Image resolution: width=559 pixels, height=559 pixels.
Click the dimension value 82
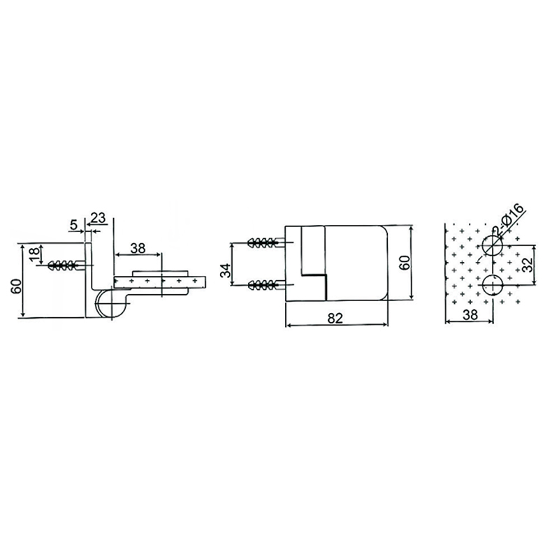click(x=335, y=318)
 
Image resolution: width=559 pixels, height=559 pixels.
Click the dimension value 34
click(x=226, y=270)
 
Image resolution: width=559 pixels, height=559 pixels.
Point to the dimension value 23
click(x=98, y=218)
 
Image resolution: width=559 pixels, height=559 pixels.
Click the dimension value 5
click(x=74, y=224)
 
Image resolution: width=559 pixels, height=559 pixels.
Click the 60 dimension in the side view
click(x=14, y=287)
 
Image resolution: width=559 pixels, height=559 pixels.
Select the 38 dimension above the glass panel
click(x=138, y=247)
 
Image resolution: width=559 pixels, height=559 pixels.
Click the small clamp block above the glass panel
click(x=161, y=271)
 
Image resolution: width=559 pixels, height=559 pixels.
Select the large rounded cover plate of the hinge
click(x=356, y=262)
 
